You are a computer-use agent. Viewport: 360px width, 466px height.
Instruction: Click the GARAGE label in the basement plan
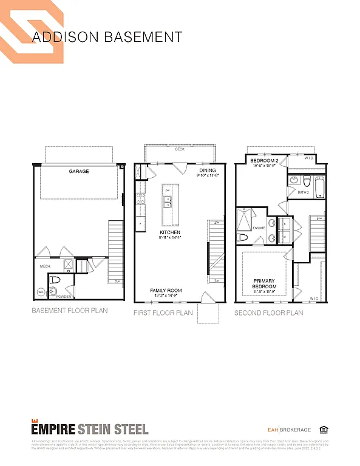[78, 172]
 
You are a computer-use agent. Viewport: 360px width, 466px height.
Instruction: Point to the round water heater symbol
[41, 292]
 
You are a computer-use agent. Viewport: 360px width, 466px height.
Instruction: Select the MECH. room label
[44, 266]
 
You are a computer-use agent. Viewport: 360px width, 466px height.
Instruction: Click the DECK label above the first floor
[179, 149]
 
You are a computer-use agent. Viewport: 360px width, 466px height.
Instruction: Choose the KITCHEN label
[170, 232]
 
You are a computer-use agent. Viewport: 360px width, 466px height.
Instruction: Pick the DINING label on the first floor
[208, 171]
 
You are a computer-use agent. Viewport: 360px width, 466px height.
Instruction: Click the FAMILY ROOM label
[166, 291]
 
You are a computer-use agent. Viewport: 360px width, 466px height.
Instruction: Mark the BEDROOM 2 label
[263, 161]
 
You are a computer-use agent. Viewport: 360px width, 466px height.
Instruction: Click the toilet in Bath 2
[307, 181]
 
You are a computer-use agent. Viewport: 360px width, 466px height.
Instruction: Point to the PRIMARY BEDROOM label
[265, 283]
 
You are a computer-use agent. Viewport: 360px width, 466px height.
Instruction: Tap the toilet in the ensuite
[243, 237]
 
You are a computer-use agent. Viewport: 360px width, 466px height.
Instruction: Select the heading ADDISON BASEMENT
[107, 36]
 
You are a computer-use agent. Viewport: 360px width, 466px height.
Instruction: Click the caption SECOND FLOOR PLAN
[268, 313]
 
